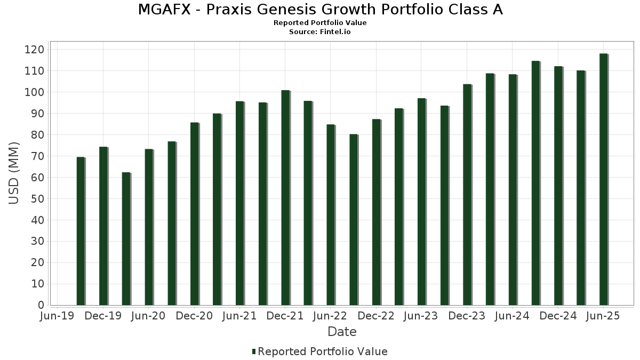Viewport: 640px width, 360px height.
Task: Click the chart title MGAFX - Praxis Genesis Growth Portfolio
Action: (320, 10)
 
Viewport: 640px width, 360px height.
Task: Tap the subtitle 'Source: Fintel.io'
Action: (320, 31)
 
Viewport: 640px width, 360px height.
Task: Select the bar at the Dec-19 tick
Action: (103, 226)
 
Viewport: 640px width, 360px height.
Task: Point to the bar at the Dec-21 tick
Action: (285, 198)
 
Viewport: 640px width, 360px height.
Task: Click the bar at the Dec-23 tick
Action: (467, 195)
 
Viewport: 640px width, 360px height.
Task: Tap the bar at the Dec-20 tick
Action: (194, 214)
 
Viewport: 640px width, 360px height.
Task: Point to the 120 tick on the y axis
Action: (37, 50)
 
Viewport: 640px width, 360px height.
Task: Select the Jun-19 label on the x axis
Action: (58, 316)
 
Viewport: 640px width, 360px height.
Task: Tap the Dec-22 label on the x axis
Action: (376, 316)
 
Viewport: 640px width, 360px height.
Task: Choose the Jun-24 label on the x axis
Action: (512, 316)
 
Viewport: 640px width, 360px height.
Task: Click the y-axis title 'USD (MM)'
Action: (14, 174)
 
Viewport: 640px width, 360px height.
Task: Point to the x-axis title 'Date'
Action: (342, 332)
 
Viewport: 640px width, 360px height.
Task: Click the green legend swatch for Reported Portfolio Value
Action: (254, 351)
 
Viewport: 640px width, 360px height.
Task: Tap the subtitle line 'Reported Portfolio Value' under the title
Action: (320, 23)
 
